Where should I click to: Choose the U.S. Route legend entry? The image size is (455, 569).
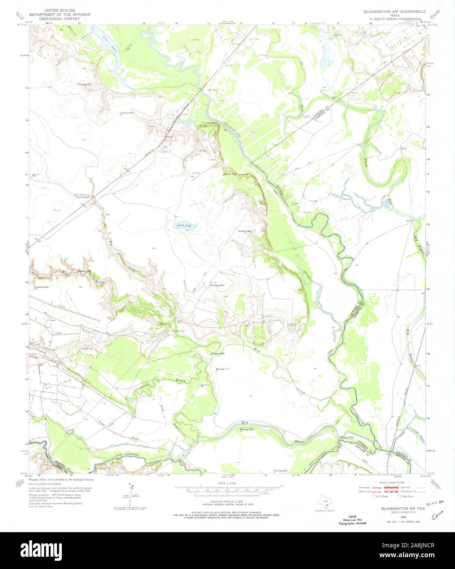tap(378, 496)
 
